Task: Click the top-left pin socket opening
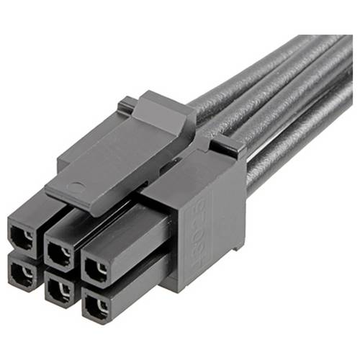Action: tap(23, 238)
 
